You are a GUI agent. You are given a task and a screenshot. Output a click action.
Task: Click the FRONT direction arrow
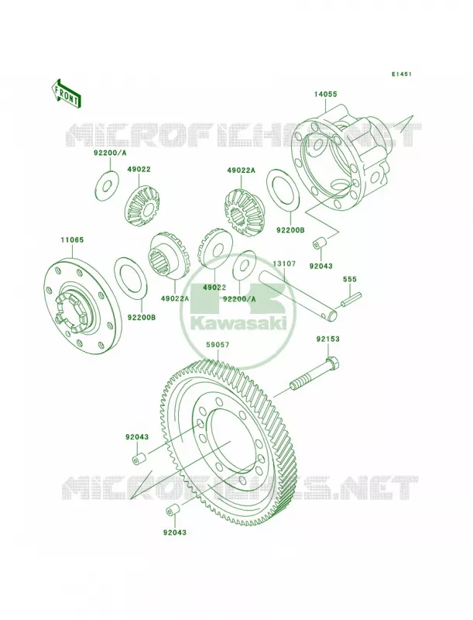pyautogui.click(x=66, y=93)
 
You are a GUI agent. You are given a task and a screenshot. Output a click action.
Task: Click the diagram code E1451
pyautogui.click(x=402, y=74)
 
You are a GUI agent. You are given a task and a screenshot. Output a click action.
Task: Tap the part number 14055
pyautogui.click(x=325, y=94)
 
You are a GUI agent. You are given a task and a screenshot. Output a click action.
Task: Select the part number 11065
pyautogui.click(x=72, y=240)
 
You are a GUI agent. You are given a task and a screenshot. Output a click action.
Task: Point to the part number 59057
pyautogui.click(x=218, y=345)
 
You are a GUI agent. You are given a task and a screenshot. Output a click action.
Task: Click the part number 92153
pyautogui.click(x=327, y=339)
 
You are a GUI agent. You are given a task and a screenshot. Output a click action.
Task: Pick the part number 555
pyautogui.click(x=350, y=280)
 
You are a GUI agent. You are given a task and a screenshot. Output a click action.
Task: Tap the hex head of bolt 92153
pyautogui.click(x=333, y=363)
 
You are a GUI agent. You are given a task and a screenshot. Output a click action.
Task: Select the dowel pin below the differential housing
pyautogui.click(x=320, y=243)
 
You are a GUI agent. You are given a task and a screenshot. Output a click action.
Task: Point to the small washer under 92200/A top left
pyautogui.click(x=106, y=184)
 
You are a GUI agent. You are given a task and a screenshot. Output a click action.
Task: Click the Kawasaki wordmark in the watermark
pyautogui.click(x=238, y=323)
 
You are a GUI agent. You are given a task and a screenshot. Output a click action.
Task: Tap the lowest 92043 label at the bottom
pyautogui.click(x=174, y=532)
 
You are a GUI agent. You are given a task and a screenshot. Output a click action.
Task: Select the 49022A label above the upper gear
pyautogui.click(x=242, y=170)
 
